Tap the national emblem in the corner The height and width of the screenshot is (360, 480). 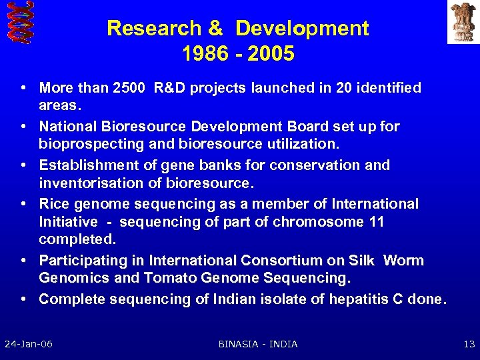point(463,21)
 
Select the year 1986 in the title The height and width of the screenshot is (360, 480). point(203,54)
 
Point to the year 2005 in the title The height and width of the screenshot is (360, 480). point(271,54)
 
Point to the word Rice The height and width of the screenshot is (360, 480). point(54,204)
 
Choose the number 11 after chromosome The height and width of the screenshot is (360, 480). point(375,221)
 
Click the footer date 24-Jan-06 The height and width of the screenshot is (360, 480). point(29,344)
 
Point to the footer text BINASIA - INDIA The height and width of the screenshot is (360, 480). point(258,344)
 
